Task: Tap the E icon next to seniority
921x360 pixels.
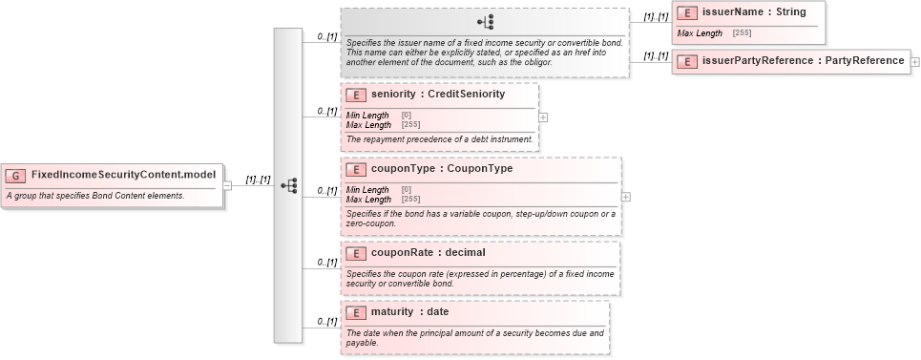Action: pos(356,95)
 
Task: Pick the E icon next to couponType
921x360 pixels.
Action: pos(356,169)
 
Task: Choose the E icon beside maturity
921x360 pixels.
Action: pos(356,312)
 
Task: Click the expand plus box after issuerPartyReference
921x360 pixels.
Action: pos(915,61)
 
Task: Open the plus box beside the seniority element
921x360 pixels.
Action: pos(543,116)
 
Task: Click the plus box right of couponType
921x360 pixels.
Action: pos(626,196)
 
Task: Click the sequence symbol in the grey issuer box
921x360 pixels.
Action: pos(486,23)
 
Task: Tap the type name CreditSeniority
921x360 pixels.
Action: pos(466,95)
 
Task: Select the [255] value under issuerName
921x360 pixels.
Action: pos(742,33)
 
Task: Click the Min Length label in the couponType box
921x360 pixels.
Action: pos(367,190)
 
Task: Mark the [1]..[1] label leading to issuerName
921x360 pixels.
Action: pos(655,17)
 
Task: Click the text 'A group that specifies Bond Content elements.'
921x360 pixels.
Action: pos(95,196)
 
